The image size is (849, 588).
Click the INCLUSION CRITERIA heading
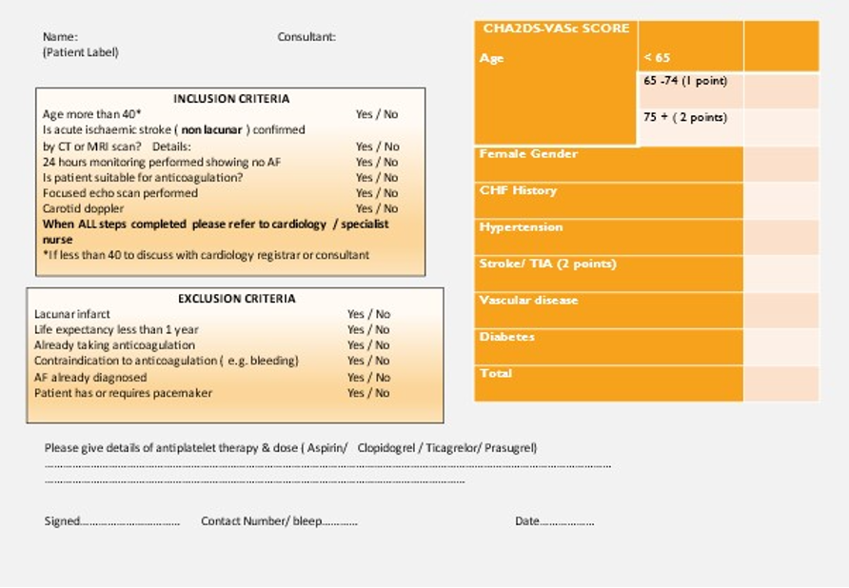(x=231, y=99)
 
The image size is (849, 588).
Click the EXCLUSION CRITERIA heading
(x=236, y=299)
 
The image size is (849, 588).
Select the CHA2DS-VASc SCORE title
(x=556, y=29)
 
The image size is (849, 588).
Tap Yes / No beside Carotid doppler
(x=377, y=208)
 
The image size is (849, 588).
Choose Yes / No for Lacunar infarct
(x=368, y=314)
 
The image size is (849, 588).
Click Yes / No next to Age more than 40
(x=377, y=114)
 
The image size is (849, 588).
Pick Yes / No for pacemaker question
(x=368, y=393)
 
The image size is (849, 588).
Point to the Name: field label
(x=60, y=37)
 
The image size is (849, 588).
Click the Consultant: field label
(x=306, y=37)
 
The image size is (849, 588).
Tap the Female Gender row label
(x=528, y=154)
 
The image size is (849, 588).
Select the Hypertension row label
(x=521, y=227)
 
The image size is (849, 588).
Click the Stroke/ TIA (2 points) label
(x=547, y=264)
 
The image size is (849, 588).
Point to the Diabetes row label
(x=507, y=337)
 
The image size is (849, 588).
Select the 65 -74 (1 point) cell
(x=685, y=81)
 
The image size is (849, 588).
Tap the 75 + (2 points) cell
(x=685, y=118)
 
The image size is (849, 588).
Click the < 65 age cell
(x=657, y=58)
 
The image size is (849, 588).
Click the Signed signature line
(x=111, y=521)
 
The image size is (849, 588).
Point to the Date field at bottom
(x=554, y=521)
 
